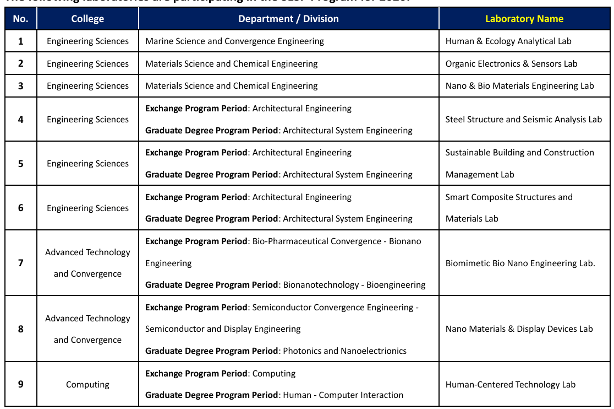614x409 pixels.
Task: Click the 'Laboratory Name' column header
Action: (x=524, y=19)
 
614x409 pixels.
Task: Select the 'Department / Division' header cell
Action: (x=288, y=19)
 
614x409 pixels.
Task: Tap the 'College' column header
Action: (x=87, y=19)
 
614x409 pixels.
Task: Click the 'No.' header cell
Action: (x=20, y=19)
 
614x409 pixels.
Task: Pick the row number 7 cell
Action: (x=21, y=262)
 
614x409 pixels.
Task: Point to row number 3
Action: (x=21, y=85)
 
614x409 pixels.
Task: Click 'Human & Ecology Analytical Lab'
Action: (x=508, y=41)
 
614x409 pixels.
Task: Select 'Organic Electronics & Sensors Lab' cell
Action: (x=511, y=64)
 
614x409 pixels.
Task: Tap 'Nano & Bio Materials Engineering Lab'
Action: (x=519, y=86)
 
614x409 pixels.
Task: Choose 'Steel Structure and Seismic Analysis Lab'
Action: (x=523, y=119)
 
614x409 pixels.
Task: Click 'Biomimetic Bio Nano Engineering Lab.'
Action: (x=520, y=263)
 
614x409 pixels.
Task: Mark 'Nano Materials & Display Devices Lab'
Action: (x=519, y=329)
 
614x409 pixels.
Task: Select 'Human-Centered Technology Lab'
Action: (x=510, y=384)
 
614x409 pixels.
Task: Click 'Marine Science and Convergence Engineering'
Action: (x=234, y=41)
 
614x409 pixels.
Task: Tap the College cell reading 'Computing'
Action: (x=87, y=384)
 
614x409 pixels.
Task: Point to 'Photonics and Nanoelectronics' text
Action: (x=344, y=351)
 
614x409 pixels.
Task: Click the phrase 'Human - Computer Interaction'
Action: (x=343, y=395)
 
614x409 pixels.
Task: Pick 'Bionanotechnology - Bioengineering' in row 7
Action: (x=354, y=285)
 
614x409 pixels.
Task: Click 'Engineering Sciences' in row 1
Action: (x=87, y=41)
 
